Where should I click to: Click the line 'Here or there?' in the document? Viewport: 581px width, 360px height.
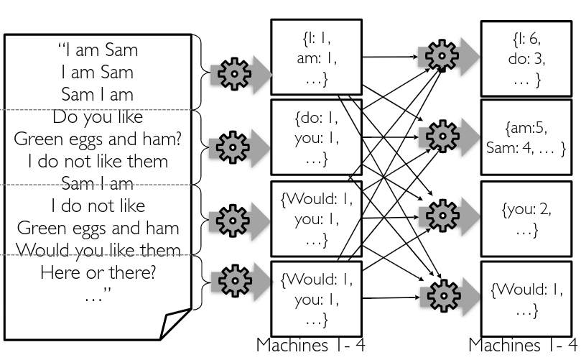[98, 272]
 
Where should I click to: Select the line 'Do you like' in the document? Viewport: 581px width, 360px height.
[98, 117]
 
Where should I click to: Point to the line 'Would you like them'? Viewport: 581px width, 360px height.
[98, 249]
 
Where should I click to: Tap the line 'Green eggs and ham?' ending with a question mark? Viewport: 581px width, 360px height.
[98, 139]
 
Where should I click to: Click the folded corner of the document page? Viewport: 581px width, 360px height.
[176, 323]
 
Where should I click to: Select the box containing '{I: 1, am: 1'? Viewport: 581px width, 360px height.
[317, 57]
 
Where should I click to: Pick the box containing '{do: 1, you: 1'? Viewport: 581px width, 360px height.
[317, 137]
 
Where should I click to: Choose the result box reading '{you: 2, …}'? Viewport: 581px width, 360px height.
[526, 218]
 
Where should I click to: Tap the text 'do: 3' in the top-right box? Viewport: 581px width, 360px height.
[526, 59]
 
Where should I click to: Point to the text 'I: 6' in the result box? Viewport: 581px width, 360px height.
[527, 39]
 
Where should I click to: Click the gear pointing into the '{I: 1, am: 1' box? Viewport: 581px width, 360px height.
[234, 74]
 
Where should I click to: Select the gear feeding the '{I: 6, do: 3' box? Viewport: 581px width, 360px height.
[442, 56]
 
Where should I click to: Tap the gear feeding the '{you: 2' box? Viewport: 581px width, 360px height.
[442, 216]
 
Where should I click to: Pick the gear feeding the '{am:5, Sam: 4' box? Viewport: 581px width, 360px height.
[442, 136]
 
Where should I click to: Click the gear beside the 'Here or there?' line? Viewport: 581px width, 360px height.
[235, 281]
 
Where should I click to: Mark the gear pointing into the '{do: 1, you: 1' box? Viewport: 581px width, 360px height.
[233, 147]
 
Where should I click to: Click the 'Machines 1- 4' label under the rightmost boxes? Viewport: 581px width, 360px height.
[522, 345]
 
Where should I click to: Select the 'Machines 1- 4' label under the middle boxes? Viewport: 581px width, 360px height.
[310, 345]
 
